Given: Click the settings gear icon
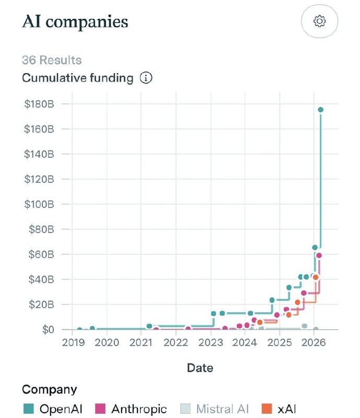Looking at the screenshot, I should tap(319, 21).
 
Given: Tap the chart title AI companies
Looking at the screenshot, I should tap(75, 22).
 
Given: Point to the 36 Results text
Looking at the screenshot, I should tap(52, 60).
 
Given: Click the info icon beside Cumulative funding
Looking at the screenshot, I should tap(146, 78).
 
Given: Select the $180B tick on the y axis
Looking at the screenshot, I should tap(40, 103).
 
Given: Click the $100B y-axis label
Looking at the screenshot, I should tap(40, 204).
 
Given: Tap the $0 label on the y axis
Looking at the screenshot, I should tap(47, 329).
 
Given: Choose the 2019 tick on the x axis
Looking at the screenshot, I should tap(73, 343).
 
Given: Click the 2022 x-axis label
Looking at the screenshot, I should tap(176, 343).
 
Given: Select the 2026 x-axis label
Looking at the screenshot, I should tap(313, 343).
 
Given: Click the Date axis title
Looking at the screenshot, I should tap(200, 368).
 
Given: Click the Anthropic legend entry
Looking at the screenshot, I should tap(132, 409).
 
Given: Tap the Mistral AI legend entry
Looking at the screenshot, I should tap(214, 409).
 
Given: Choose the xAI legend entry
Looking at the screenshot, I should tap(279, 409).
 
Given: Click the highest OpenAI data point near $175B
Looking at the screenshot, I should tap(321, 110).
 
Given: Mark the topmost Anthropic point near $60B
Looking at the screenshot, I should tap(319, 256).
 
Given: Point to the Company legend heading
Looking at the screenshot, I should tap(49, 389).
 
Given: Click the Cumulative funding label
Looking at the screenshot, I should tap(77, 78).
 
